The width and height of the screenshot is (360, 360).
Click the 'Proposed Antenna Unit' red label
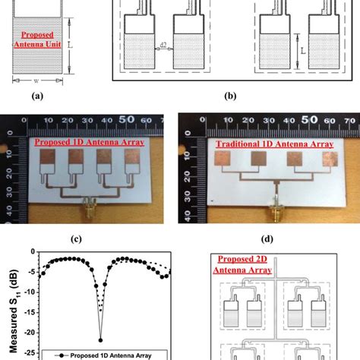click(37, 38)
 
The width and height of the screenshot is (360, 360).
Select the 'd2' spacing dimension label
click(163, 46)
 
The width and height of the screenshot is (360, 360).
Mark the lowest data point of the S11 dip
click(100, 340)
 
